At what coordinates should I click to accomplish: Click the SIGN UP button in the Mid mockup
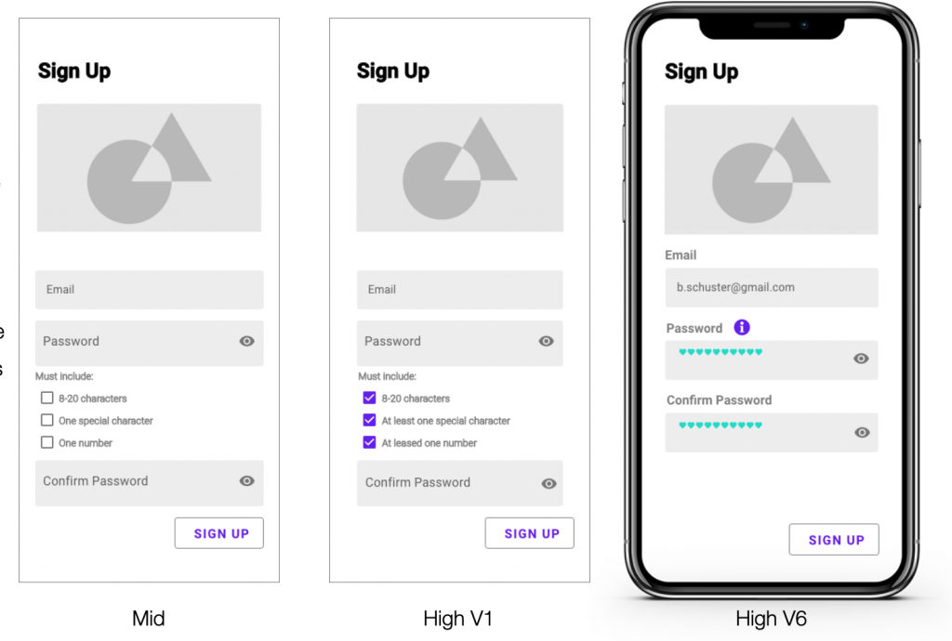(x=219, y=533)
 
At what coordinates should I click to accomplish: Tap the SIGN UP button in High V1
(x=529, y=533)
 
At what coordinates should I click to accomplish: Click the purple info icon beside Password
(x=742, y=328)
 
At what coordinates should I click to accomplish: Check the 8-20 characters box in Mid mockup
(x=46, y=398)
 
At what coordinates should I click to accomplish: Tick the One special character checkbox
(x=46, y=420)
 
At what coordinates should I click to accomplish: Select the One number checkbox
(x=46, y=442)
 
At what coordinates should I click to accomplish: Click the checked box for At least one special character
(x=369, y=420)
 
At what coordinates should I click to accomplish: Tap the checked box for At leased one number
(x=369, y=442)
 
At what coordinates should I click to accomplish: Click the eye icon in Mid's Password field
(x=246, y=341)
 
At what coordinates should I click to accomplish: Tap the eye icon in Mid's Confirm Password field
(x=246, y=481)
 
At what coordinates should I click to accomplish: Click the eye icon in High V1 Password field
(x=546, y=341)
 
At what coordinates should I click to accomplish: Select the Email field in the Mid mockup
(x=150, y=289)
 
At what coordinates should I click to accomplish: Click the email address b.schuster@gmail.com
(x=735, y=287)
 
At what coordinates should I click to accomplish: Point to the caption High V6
(x=771, y=619)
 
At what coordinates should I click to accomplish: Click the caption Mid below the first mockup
(x=149, y=619)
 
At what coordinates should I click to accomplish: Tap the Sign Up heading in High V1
(x=393, y=71)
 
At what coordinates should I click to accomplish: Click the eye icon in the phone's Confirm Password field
(x=862, y=432)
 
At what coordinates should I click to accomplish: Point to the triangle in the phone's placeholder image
(x=793, y=154)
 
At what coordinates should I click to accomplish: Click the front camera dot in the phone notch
(x=804, y=25)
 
